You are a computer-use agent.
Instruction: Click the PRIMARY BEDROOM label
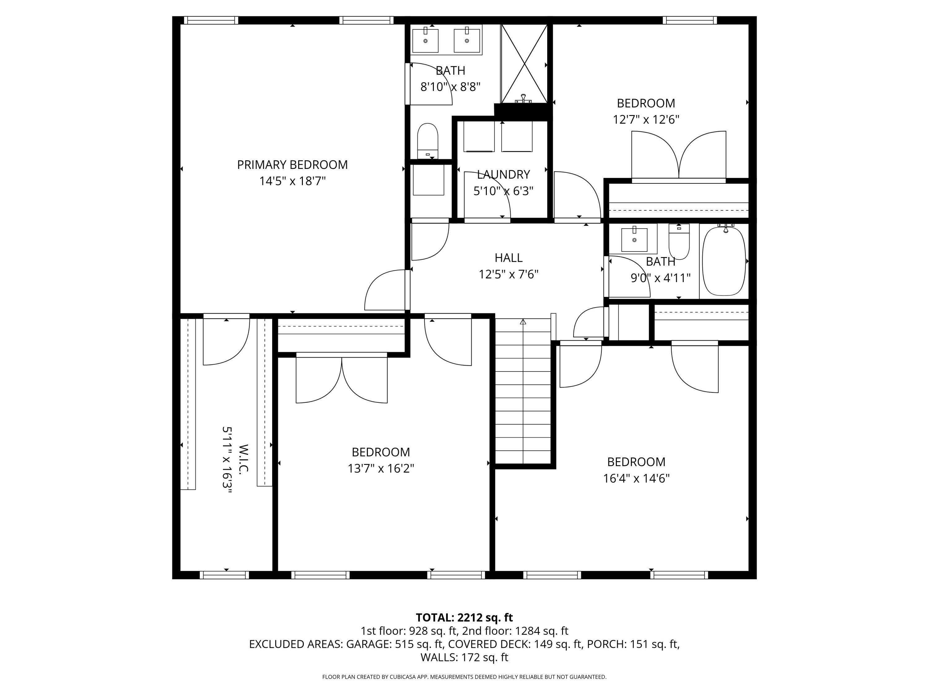pos(292,165)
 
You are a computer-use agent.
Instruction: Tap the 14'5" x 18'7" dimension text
pos(292,181)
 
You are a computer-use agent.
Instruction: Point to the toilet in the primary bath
pos(428,140)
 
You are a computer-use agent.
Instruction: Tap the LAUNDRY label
pos(503,174)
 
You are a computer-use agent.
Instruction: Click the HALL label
pos(508,258)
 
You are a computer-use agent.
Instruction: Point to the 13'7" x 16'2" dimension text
pos(381,468)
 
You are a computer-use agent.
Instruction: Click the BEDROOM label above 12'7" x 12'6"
pos(646,103)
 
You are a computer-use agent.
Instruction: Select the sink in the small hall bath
pos(634,239)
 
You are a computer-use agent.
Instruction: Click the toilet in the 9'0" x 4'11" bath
pos(679,243)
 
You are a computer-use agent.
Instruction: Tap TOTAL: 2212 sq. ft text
pos(464,617)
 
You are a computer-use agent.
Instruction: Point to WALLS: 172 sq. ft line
pos(464,657)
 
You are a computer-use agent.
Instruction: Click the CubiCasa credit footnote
pos(464,677)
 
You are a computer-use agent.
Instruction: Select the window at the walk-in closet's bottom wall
pos(224,575)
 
